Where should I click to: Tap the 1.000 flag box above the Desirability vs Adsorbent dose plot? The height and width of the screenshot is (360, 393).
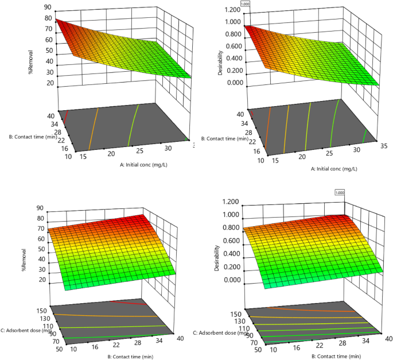tap(339, 193)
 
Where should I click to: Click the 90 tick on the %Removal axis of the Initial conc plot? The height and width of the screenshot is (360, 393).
tap(50, 7)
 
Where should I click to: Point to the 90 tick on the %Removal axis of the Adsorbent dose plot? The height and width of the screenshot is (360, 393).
tap(42, 208)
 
